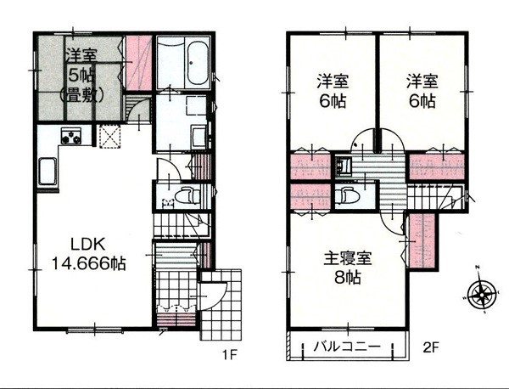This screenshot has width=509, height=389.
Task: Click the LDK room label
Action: click(x=87, y=245)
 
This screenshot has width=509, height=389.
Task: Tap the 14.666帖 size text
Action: click(x=89, y=263)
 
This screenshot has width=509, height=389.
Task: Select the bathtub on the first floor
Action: click(x=197, y=62)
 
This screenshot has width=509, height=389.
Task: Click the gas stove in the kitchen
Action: click(x=71, y=136)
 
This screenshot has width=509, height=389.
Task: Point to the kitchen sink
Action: click(x=48, y=171)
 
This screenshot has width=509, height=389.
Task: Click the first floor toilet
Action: click(x=188, y=195)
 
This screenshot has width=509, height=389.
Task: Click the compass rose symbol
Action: click(x=481, y=294)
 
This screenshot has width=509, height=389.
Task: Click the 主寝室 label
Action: click(x=347, y=258)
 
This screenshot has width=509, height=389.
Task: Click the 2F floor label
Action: click(x=431, y=348)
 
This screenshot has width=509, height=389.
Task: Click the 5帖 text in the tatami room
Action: click(x=81, y=76)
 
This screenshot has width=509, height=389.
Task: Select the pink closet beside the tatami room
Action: click(x=138, y=63)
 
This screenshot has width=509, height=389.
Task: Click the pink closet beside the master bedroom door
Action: click(x=422, y=240)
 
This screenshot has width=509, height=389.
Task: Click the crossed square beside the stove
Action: click(x=110, y=136)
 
